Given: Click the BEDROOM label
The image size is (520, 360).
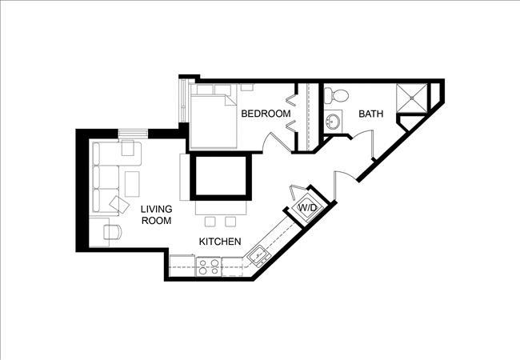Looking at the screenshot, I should (x=266, y=114).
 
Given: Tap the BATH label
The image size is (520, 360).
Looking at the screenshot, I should (x=370, y=114).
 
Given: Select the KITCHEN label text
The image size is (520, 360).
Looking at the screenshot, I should (x=220, y=241).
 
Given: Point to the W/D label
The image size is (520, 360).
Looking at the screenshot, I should (x=307, y=208).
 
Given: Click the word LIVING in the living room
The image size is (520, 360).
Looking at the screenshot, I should (x=156, y=210).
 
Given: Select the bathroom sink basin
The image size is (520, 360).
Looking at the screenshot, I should (x=334, y=122).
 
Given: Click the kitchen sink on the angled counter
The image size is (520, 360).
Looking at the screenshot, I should (x=258, y=256).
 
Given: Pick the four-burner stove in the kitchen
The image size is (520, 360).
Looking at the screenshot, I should (x=210, y=264).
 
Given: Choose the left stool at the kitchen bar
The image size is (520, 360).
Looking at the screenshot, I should (x=211, y=220).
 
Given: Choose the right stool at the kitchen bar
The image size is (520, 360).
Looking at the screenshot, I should (x=230, y=220).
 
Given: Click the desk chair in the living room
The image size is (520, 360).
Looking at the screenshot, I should (x=114, y=232).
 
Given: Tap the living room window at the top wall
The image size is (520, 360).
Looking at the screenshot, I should (x=132, y=133).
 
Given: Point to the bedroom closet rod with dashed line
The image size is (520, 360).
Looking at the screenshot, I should (x=308, y=116).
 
